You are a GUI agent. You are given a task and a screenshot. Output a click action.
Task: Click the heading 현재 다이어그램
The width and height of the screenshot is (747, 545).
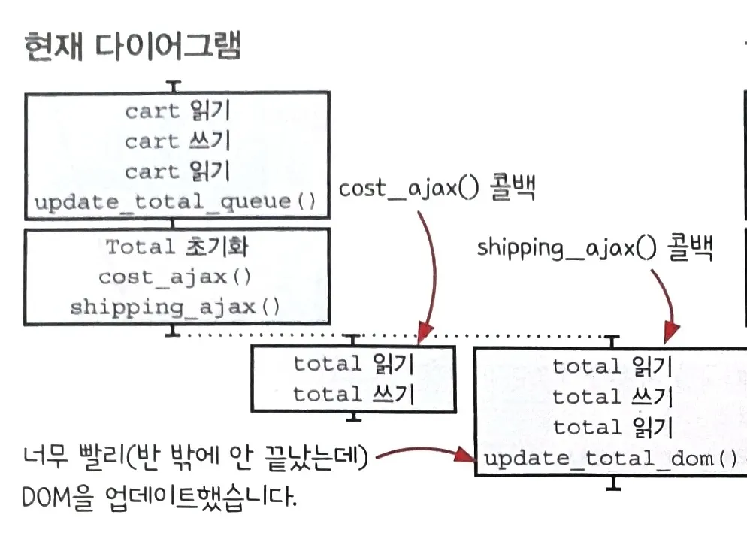click(x=132, y=47)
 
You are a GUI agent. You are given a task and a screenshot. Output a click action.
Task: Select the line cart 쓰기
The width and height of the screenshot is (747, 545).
click(x=177, y=141)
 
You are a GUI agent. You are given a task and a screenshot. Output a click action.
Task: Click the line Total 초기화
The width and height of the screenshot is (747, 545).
click(x=177, y=247)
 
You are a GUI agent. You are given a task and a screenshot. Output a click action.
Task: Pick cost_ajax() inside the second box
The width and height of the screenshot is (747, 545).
click(x=175, y=277)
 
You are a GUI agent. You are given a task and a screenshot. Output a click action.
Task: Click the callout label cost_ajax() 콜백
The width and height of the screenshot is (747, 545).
click(x=436, y=189)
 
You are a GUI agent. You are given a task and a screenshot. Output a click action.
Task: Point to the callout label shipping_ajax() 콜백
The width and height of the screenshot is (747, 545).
click(x=594, y=247)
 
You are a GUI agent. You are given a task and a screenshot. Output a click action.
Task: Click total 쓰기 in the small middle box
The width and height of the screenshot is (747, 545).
click(x=353, y=394)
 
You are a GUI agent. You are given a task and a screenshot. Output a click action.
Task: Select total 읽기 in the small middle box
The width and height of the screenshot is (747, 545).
click(x=353, y=364)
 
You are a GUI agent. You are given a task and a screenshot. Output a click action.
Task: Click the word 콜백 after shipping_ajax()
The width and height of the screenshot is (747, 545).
click(x=689, y=247)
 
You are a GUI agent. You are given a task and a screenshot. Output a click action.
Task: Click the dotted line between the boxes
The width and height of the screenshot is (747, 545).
click(x=481, y=335)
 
